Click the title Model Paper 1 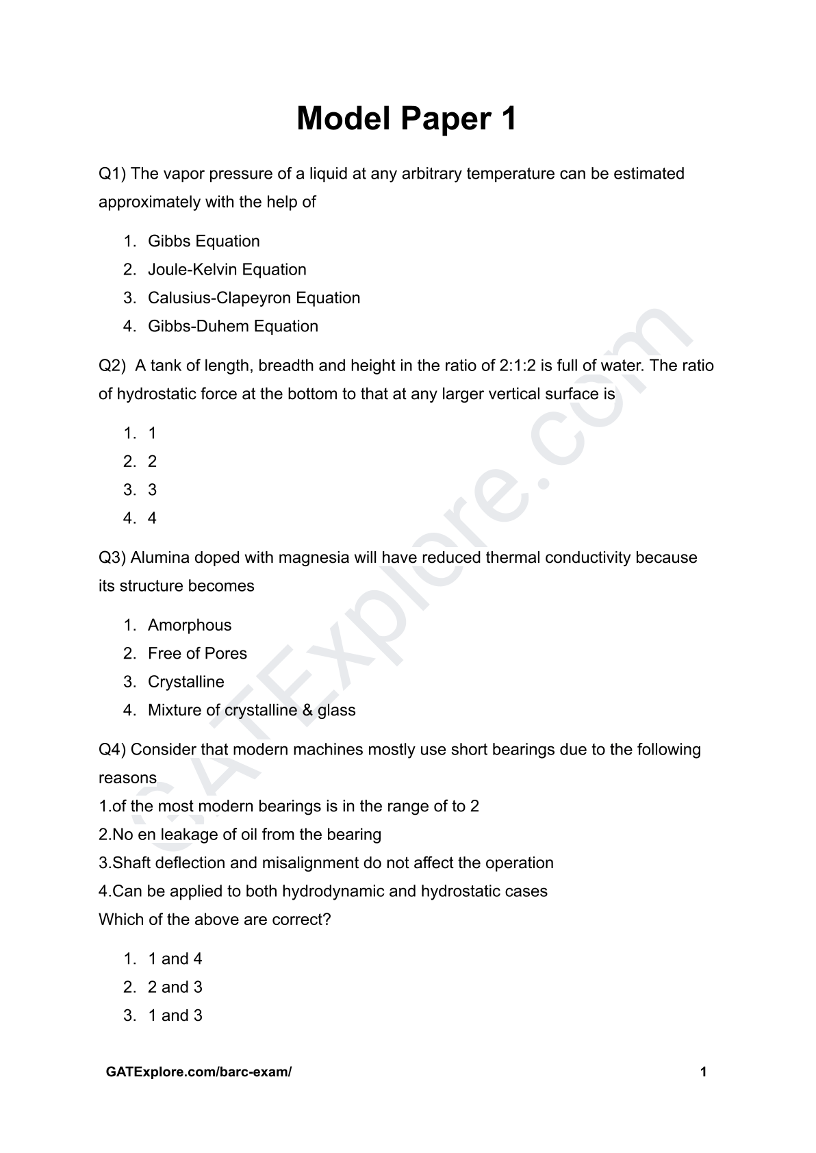click(407, 119)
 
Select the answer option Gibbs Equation click(203, 241)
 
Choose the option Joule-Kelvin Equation click(227, 270)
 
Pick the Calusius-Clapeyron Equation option click(253, 298)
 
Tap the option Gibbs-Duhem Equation click(233, 327)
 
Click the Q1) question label click(112, 174)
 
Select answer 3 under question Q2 click(152, 490)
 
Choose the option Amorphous click(190, 625)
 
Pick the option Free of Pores click(197, 654)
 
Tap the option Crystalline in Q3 click(186, 682)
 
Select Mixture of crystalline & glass click(251, 711)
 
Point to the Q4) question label click(112, 750)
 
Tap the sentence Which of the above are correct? click(214, 920)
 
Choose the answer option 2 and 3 click(175, 987)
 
